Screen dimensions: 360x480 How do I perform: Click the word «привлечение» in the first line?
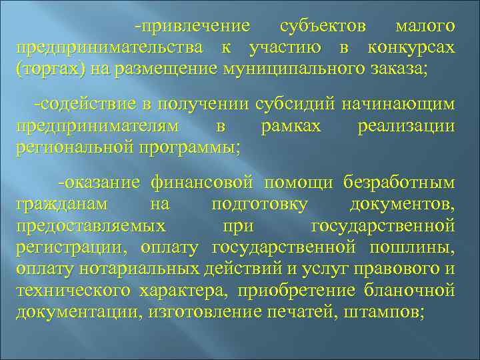click(195, 27)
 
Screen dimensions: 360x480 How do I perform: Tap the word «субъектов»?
click(323, 27)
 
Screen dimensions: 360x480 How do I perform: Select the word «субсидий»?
click(297, 104)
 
